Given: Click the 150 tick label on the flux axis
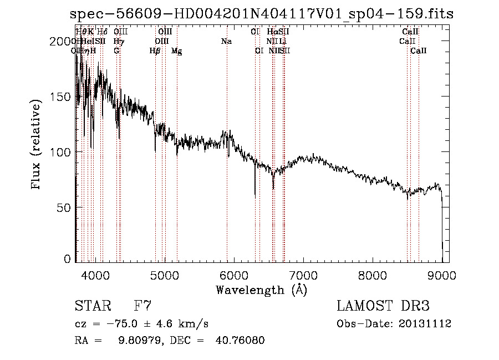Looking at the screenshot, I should [x=65, y=97].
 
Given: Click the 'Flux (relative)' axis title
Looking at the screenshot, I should [x=37, y=145].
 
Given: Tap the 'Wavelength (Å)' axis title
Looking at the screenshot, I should [x=261, y=290].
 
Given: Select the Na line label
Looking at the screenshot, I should [x=226, y=41].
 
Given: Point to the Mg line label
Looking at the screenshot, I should [x=177, y=51].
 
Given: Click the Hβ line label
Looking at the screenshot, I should [x=155, y=51].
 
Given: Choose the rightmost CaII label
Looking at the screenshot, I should [x=419, y=51].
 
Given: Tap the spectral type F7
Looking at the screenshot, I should [x=142, y=306].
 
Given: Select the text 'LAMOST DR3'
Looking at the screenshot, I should [x=383, y=306].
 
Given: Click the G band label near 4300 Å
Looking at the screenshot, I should [x=116, y=51].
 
